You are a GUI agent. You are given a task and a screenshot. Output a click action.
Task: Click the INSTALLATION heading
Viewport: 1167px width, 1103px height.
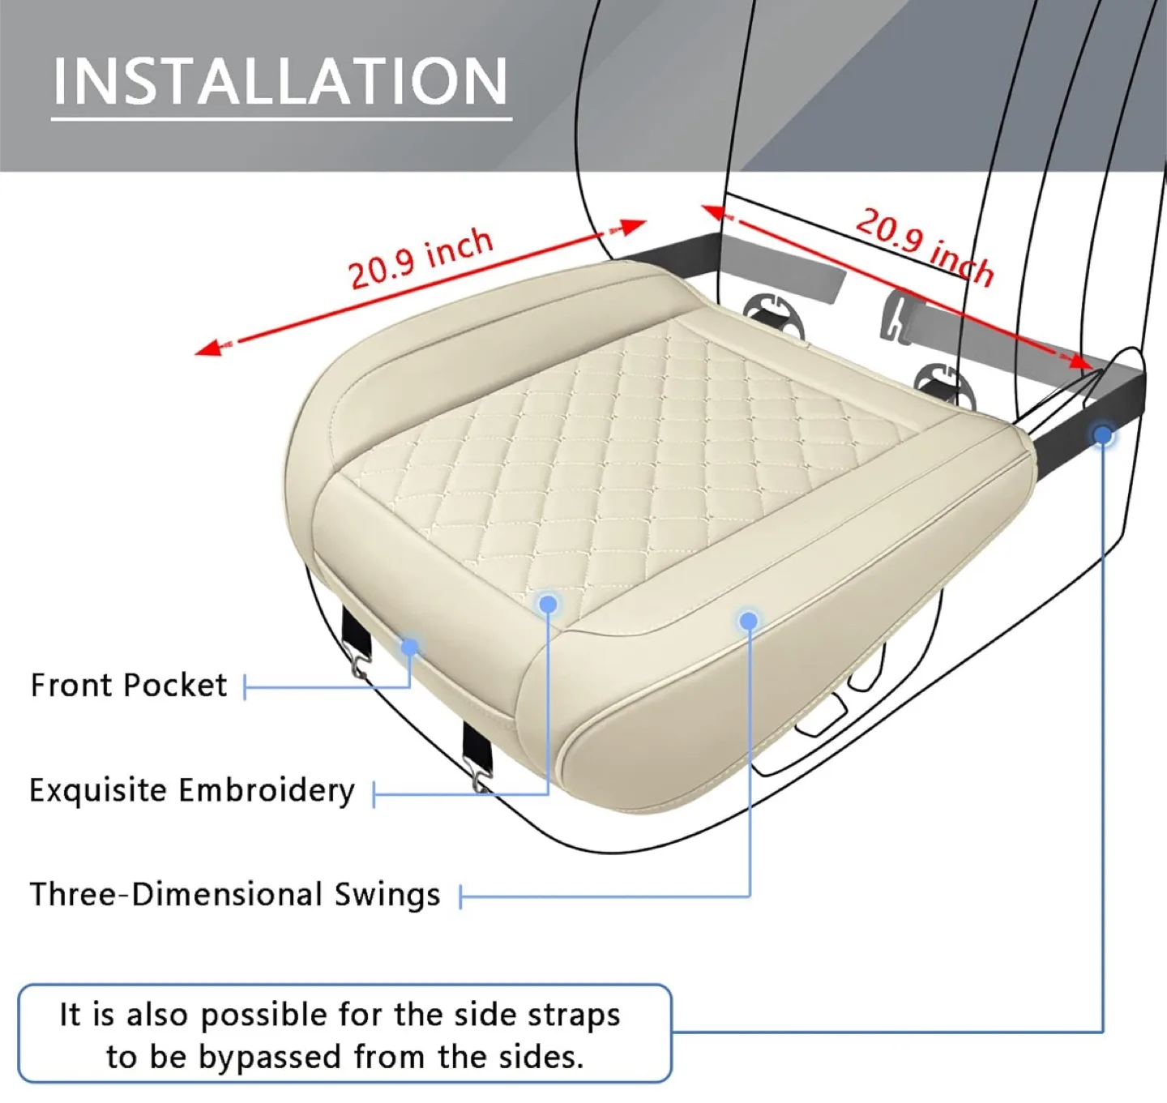click(280, 81)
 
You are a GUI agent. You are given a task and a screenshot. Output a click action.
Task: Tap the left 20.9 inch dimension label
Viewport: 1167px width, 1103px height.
click(421, 258)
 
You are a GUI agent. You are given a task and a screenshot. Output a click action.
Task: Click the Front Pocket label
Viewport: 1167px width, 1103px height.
click(128, 686)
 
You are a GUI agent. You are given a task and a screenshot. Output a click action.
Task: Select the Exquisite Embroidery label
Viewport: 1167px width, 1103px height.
click(192, 790)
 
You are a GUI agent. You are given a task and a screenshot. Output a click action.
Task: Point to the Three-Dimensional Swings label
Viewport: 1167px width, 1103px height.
click(235, 895)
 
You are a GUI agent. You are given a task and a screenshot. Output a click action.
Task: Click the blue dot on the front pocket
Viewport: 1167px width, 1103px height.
click(410, 647)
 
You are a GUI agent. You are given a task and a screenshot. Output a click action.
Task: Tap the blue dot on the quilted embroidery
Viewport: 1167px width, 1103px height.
click(548, 604)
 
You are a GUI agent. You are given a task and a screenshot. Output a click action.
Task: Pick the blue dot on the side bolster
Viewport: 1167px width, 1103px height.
click(748, 621)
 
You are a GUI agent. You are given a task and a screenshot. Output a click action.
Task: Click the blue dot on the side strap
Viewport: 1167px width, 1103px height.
click(1102, 435)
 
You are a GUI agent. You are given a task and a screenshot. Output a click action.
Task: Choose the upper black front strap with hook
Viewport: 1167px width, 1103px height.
click(355, 637)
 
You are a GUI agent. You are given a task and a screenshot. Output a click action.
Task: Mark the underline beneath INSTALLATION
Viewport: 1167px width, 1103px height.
click(281, 119)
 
